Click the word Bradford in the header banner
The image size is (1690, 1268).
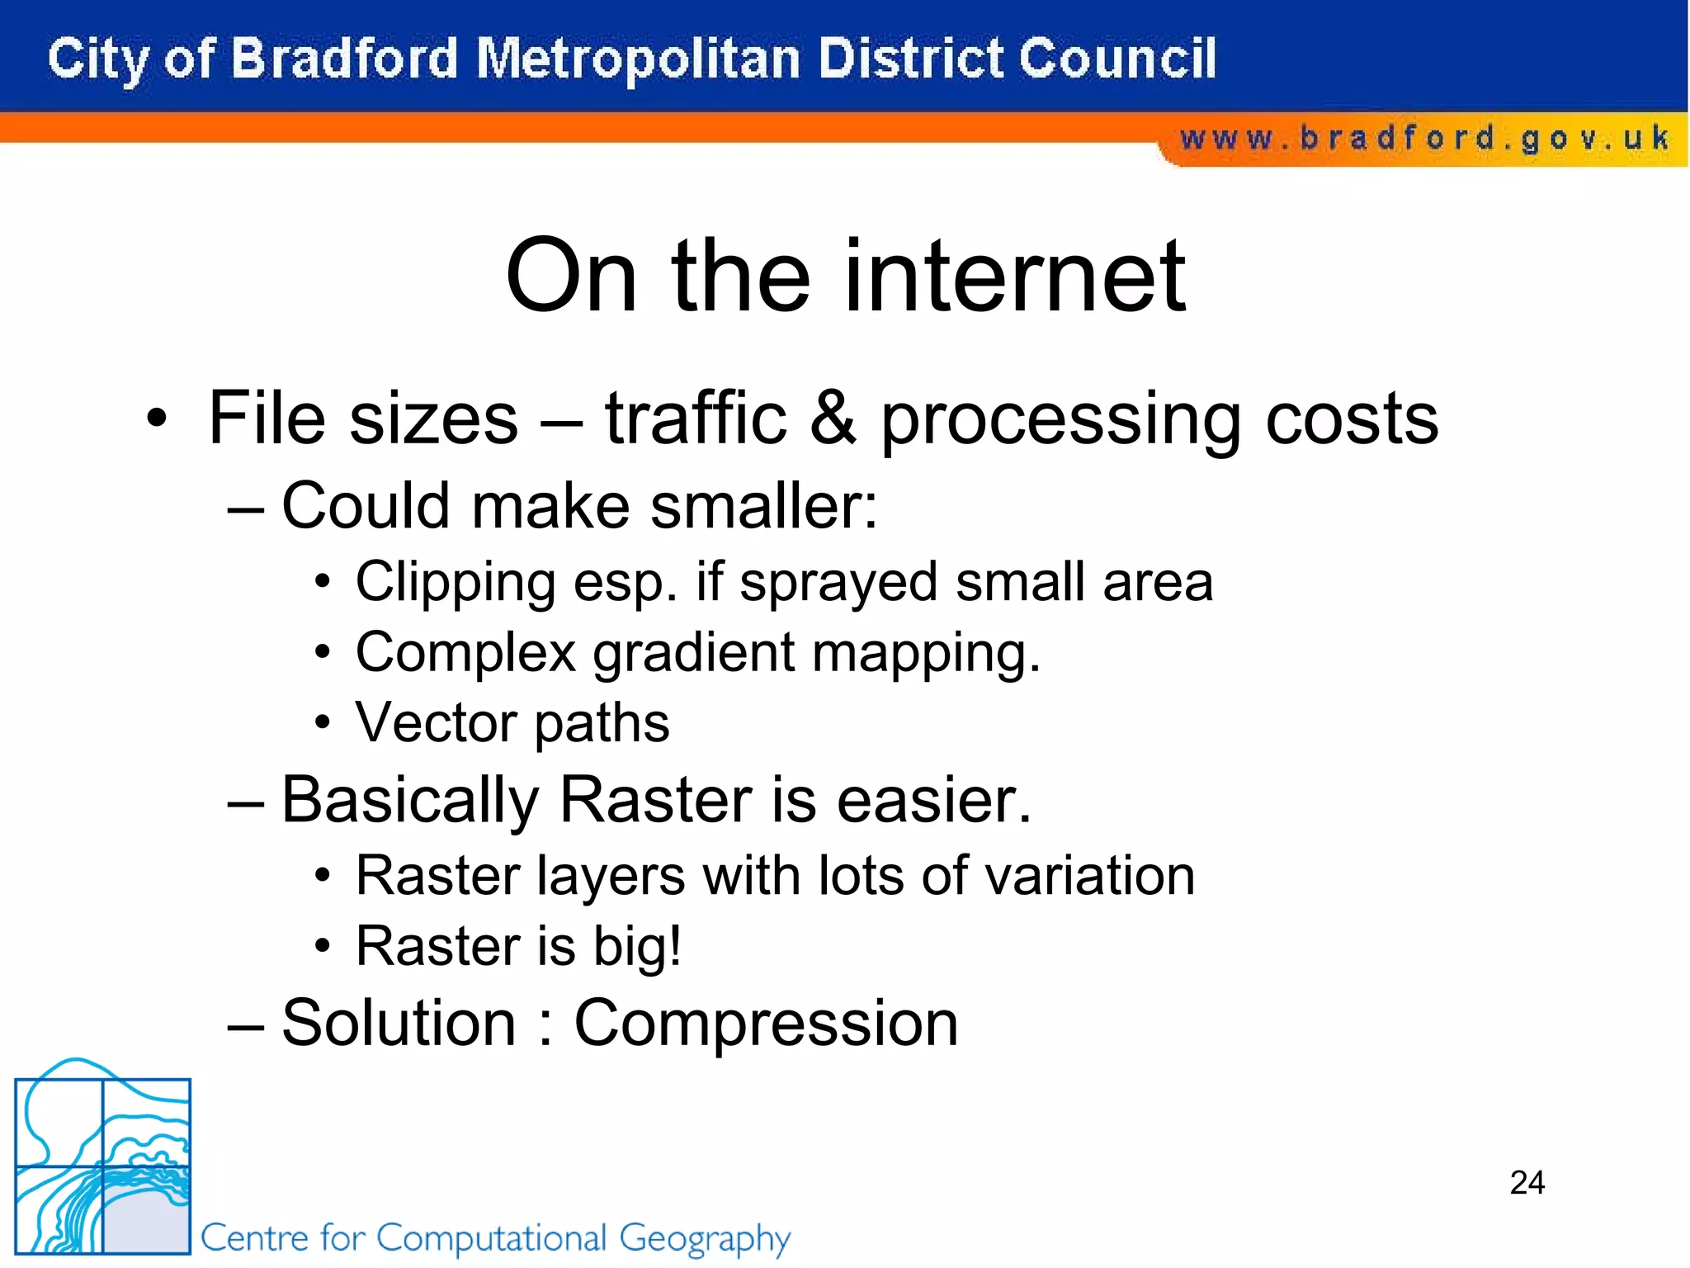(x=343, y=59)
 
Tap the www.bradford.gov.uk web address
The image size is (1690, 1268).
(x=1423, y=138)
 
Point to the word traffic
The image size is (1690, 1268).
(x=696, y=418)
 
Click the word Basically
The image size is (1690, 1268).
(x=410, y=801)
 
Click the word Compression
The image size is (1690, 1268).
(x=766, y=1024)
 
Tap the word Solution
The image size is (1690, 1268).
(x=399, y=1024)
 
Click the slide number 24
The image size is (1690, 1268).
(x=1527, y=1182)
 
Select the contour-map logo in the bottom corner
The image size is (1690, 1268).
(x=103, y=1164)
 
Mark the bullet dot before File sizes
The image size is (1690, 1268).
(x=156, y=419)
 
